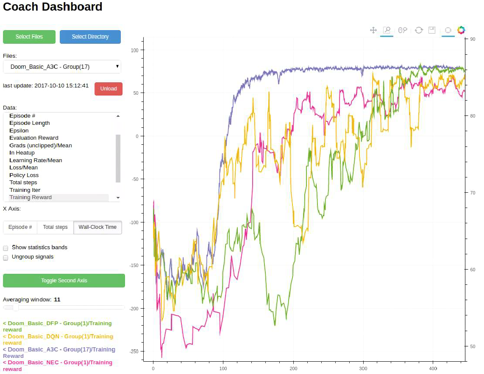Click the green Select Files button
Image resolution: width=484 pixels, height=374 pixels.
[29, 37]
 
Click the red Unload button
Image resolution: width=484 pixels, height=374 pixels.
[108, 89]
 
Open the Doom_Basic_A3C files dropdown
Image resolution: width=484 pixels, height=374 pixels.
[62, 67]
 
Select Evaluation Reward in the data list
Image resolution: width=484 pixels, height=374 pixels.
[34, 138]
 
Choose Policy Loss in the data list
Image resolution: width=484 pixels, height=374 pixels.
[24, 175]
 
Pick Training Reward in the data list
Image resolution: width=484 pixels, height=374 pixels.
[31, 197]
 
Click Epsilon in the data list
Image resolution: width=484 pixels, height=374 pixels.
[19, 130]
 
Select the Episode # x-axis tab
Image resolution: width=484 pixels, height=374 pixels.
[20, 227]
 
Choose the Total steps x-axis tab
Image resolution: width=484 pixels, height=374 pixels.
[55, 227]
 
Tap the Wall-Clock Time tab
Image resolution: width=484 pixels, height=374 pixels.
[97, 227]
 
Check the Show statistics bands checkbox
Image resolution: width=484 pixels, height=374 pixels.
[6, 248]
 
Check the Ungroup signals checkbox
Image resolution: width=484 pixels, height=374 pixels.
[6, 257]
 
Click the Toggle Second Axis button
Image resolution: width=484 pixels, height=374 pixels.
[64, 281]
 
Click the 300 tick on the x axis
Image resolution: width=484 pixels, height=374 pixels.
[363, 369]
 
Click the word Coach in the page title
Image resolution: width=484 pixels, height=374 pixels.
[19, 7]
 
